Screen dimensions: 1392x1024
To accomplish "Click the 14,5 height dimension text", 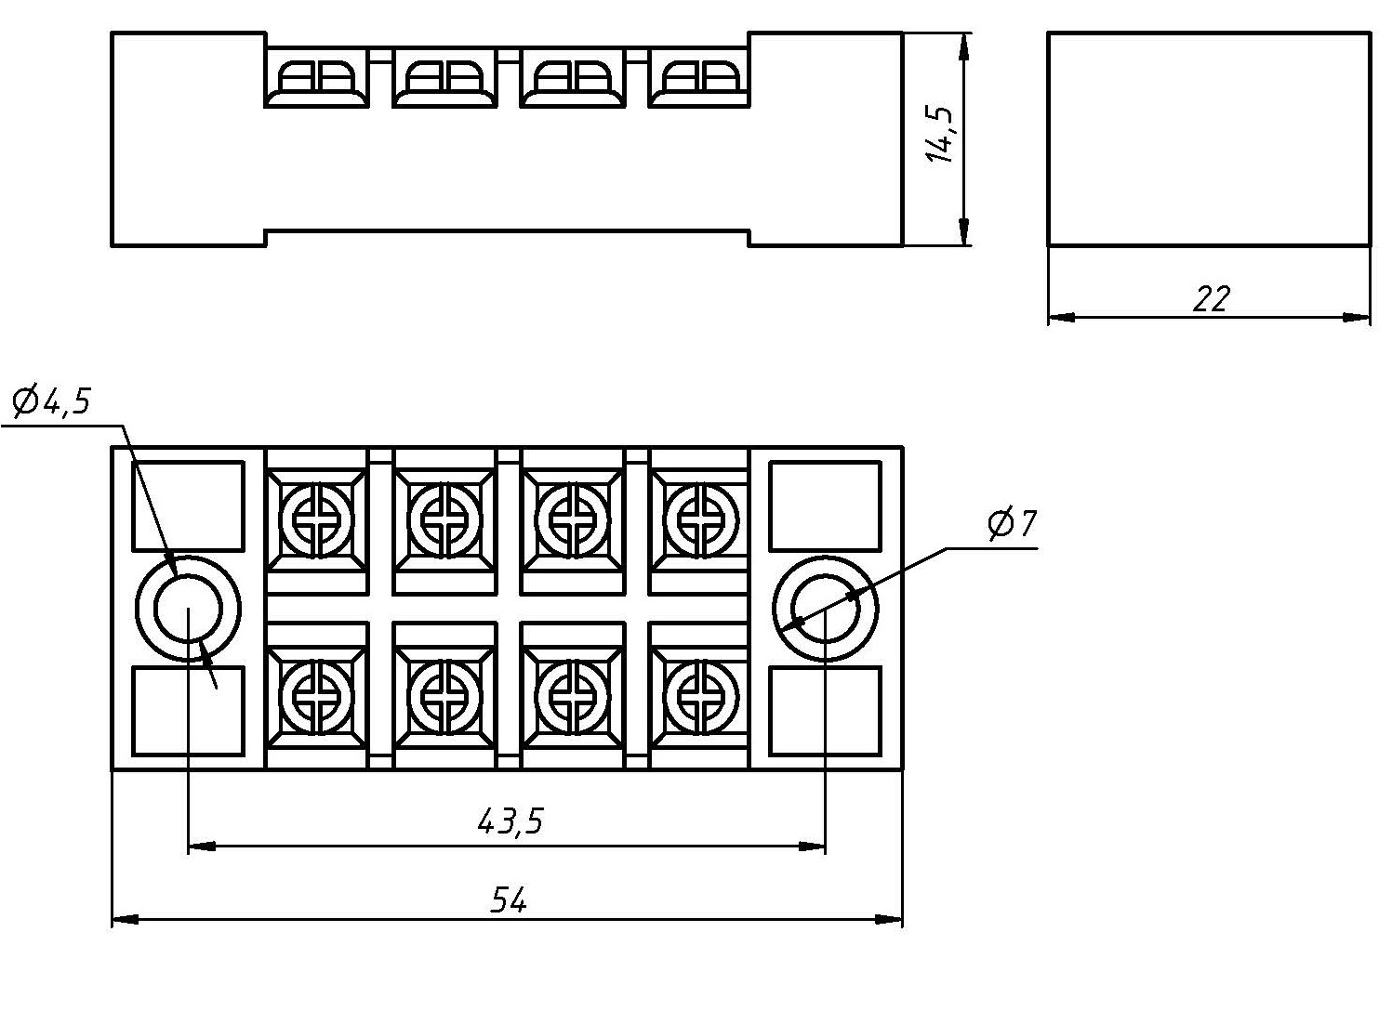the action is (939, 135).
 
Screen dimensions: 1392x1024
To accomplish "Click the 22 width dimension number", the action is (1212, 298).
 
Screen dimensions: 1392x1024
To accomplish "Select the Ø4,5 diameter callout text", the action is (51, 401).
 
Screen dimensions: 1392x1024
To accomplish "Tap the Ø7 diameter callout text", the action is (1013, 523).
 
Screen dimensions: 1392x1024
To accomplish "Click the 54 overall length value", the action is (509, 900).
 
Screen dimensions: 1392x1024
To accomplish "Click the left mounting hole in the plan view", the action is (188, 609).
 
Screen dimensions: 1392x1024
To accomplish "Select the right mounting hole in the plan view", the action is (826, 609).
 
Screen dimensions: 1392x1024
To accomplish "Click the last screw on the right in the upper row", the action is (700, 519).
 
